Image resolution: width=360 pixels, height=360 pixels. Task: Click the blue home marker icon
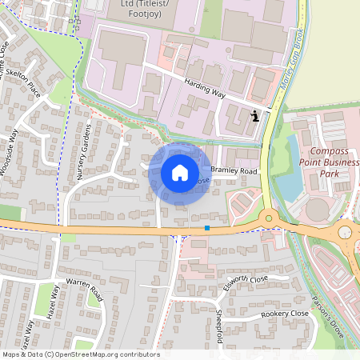pyautogui.click(x=180, y=173)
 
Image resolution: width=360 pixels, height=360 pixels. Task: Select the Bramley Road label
pyautogui.click(x=234, y=172)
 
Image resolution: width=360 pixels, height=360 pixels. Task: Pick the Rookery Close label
pyautogui.click(x=284, y=314)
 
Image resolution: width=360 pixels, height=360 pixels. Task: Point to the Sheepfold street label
pyautogui.click(x=219, y=324)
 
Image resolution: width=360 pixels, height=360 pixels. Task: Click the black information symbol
pyautogui.click(x=255, y=116)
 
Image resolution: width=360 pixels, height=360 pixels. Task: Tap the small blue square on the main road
pyautogui.click(x=207, y=228)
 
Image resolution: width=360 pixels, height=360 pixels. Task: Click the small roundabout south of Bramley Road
pyautogui.click(x=269, y=216)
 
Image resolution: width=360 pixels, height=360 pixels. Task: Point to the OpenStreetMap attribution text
pyautogui.click(x=80, y=354)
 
